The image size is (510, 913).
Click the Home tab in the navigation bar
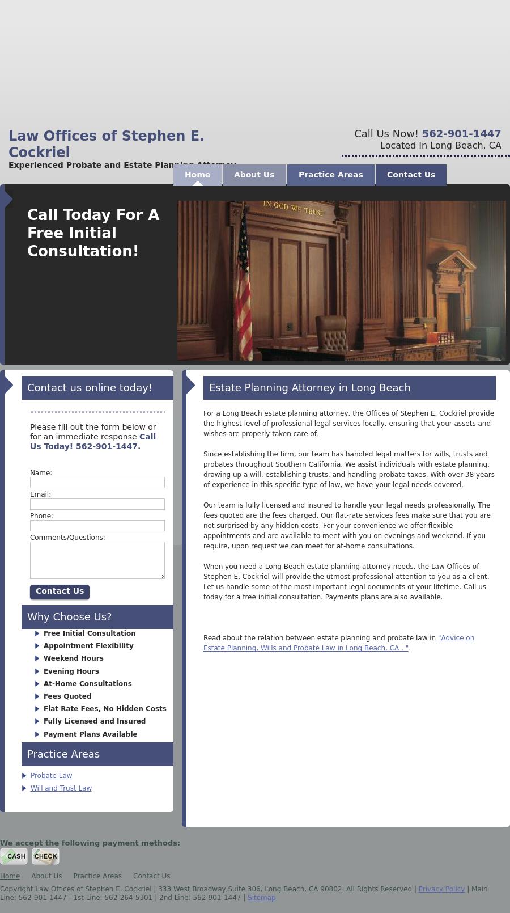[x=197, y=175]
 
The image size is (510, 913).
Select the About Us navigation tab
[x=254, y=175]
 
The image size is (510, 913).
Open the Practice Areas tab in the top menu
[x=330, y=175]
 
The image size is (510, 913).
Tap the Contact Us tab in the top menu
[x=411, y=175]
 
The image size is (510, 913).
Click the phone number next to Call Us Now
[x=461, y=134]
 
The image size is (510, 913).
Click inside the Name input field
[x=97, y=483]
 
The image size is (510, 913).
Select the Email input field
[x=97, y=504]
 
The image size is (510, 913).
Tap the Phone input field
[x=97, y=526]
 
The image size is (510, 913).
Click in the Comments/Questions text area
[x=97, y=560]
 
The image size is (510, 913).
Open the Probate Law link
[x=51, y=776]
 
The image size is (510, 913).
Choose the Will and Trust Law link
[x=61, y=788]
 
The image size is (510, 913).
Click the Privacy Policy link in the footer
[x=441, y=889]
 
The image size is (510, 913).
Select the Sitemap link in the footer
[x=261, y=898]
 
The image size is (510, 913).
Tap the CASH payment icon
[x=14, y=856]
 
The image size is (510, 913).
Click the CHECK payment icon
[x=45, y=856]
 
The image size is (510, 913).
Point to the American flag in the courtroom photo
[x=244, y=284]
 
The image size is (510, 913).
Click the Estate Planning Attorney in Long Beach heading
[x=309, y=388]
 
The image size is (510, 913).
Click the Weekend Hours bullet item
[x=73, y=658]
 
